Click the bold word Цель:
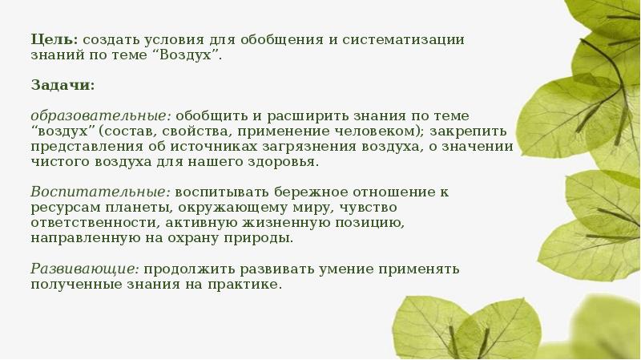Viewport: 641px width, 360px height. click(x=54, y=38)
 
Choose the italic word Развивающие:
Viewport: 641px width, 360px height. click(x=85, y=269)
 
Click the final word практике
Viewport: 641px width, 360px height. click(x=248, y=285)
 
